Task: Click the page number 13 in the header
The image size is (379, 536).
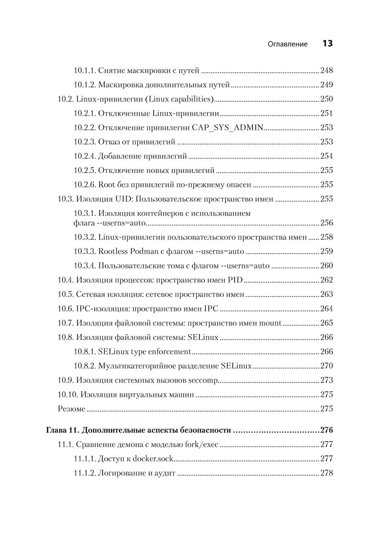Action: pyautogui.click(x=327, y=44)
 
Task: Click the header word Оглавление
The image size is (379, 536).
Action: pyautogui.click(x=288, y=44)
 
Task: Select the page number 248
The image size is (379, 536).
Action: pyautogui.click(x=327, y=70)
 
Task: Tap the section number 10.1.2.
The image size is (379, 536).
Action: pyautogui.click(x=84, y=85)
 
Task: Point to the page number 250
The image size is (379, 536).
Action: pyautogui.click(x=327, y=99)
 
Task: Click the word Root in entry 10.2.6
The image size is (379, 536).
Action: pyautogui.click(x=106, y=185)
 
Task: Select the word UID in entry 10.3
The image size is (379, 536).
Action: pyautogui.click(x=124, y=199)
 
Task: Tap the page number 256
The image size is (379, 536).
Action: pyautogui.click(x=327, y=223)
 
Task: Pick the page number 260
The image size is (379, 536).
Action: pyautogui.click(x=327, y=266)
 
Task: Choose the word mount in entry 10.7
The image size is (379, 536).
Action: pyautogui.click(x=270, y=323)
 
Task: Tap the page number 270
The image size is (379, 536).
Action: pyautogui.click(x=327, y=366)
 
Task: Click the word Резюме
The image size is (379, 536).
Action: pyautogui.click(x=72, y=409)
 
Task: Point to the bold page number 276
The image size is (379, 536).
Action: pyautogui.click(x=327, y=430)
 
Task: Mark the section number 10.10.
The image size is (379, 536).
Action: pyautogui.click(x=68, y=395)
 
